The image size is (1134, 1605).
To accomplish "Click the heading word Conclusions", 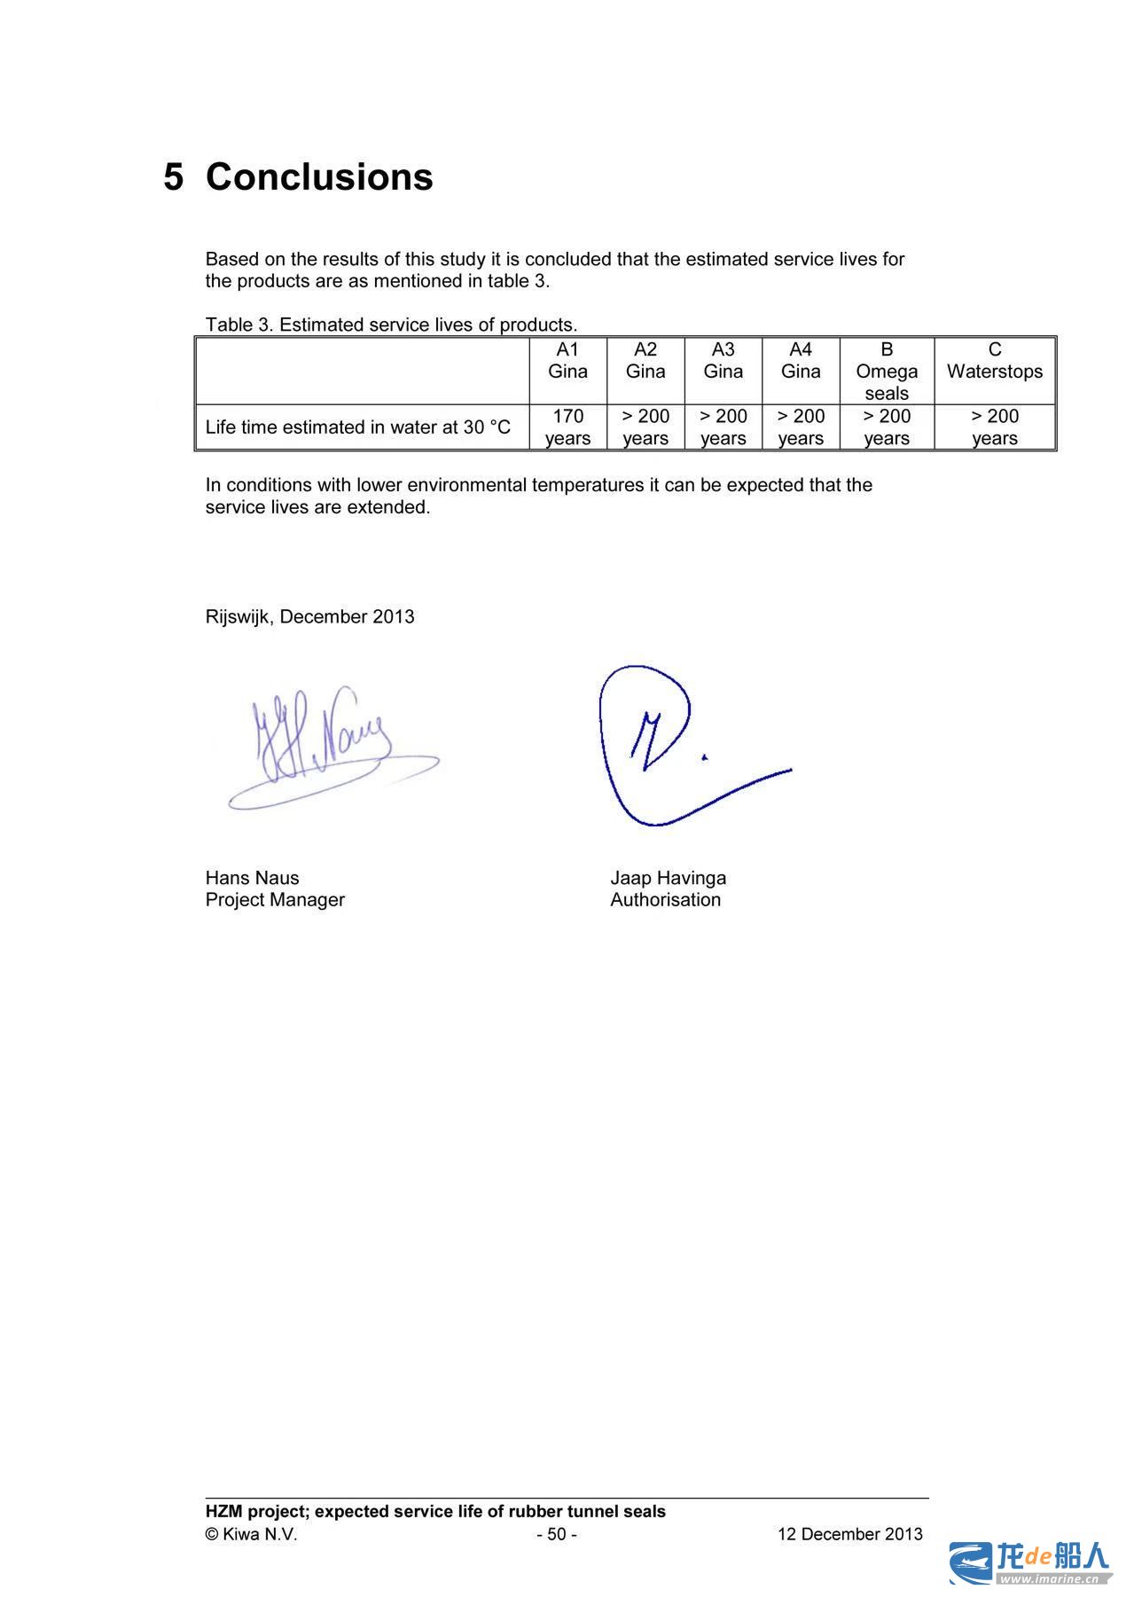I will coord(319,176).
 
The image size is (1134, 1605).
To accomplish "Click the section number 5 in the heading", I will coord(174,176).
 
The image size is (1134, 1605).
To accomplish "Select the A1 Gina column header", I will coord(567,361).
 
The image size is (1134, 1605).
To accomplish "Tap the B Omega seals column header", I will coord(887,371).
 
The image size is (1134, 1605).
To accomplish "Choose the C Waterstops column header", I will coord(994,361).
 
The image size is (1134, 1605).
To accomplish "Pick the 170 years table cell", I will coord(567,427).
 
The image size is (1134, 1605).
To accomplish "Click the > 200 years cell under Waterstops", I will coord(994,427).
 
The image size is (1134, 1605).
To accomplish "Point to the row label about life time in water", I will coord(358,427).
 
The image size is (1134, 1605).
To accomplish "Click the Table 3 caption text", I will coord(391,325).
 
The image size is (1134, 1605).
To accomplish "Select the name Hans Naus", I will coord(252,878).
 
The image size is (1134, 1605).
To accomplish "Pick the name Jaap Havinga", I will coord(668,878).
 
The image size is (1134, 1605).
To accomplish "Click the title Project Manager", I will coord(275,899).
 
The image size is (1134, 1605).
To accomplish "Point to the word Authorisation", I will coord(665,899).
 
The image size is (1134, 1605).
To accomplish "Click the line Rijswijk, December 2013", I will coord(309,616).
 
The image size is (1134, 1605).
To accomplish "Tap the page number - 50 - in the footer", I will coord(557,1534).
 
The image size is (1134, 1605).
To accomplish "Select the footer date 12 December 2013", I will coord(849,1534).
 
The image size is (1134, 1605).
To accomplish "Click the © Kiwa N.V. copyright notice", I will coord(251,1534).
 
